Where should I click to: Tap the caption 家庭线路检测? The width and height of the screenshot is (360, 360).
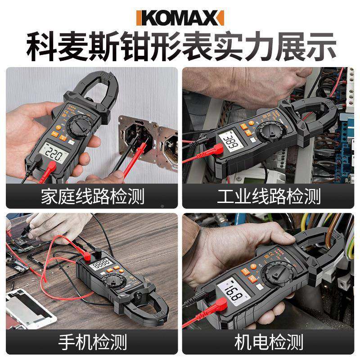point(92,197)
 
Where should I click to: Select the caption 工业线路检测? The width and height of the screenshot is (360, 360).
point(269,197)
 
